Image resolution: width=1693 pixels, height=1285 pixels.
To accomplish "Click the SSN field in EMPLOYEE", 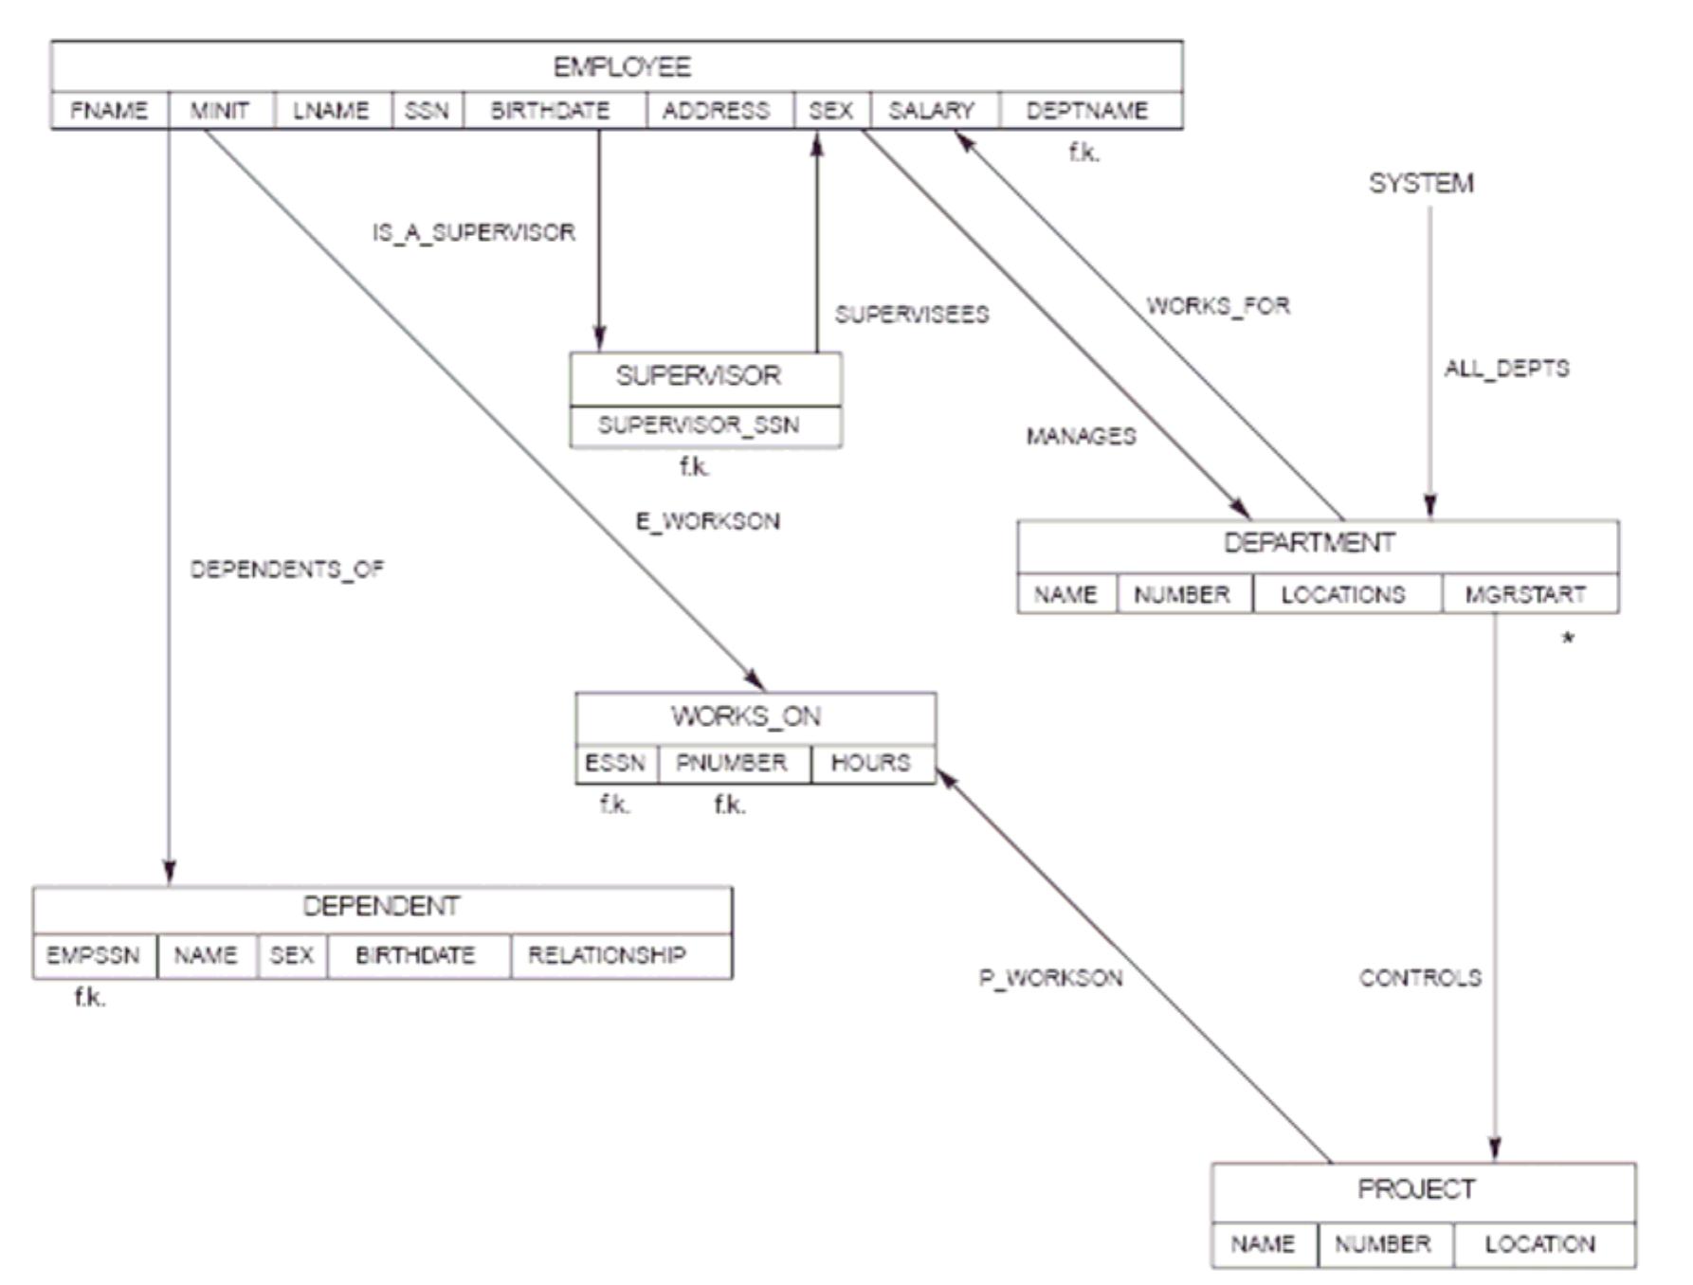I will pyautogui.click(x=427, y=111).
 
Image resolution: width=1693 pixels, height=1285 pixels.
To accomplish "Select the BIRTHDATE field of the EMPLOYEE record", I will pyautogui.click(x=550, y=111).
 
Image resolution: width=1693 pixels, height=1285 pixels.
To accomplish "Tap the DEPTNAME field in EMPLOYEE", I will pyautogui.click(x=1086, y=111).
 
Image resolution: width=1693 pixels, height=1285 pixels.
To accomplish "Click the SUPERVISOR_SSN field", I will pyautogui.click(x=699, y=425).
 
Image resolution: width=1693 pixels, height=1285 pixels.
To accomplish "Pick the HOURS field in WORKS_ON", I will pyautogui.click(x=870, y=763).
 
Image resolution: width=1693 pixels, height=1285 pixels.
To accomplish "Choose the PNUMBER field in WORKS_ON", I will pyautogui.click(x=731, y=763).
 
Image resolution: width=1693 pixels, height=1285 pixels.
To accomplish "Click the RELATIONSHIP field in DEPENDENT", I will pyautogui.click(x=607, y=955).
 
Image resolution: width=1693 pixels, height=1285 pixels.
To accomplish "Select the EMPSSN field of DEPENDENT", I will pyautogui.click(x=93, y=955).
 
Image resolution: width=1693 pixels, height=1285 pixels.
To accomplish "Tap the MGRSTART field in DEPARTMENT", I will pyautogui.click(x=1525, y=595).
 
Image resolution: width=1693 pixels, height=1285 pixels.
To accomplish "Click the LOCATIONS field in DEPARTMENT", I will pyautogui.click(x=1342, y=595).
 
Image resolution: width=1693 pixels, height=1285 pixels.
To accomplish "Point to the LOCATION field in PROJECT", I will pyautogui.click(x=1539, y=1244).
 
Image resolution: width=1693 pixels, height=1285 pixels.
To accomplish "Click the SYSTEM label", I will pyautogui.click(x=1421, y=183).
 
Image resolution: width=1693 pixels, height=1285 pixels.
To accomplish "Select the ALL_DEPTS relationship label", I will pyautogui.click(x=1506, y=369).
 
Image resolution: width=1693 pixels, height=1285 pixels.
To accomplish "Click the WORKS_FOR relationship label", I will pyautogui.click(x=1218, y=306).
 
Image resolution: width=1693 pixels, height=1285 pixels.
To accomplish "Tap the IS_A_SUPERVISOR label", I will pyautogui.click(x=473, y=233).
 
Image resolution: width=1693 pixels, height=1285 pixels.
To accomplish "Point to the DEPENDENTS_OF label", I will pyautogui.click(x=286, y=570).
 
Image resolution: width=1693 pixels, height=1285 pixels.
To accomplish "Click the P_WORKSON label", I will pyautogui.click(x=1050, y=978).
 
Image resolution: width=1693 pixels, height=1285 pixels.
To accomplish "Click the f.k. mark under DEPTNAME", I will pyautogui.click(x=1084, y=152).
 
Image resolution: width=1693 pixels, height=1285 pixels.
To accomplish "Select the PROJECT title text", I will pyautogui.click(x=1416, y=1189).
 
